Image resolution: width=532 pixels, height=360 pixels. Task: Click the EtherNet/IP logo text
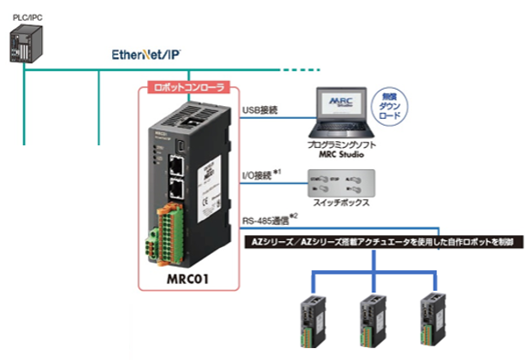146,54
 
